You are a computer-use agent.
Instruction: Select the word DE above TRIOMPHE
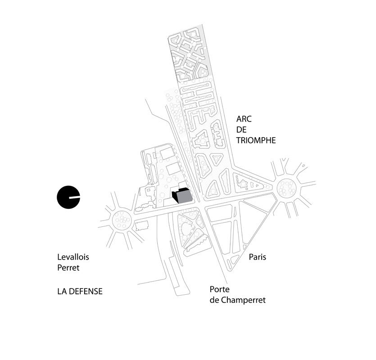point(243,130)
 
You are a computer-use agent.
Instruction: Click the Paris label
point(258,257)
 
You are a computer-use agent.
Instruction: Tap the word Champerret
point(244,300)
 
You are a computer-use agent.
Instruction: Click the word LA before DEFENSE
point(62,292)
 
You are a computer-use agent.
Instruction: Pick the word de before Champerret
point(215,300)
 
